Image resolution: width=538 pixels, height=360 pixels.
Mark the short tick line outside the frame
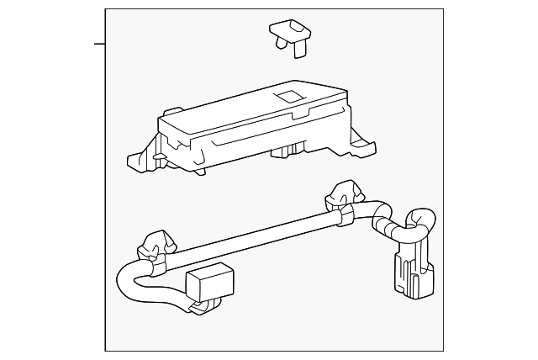[x=99, y=43]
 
